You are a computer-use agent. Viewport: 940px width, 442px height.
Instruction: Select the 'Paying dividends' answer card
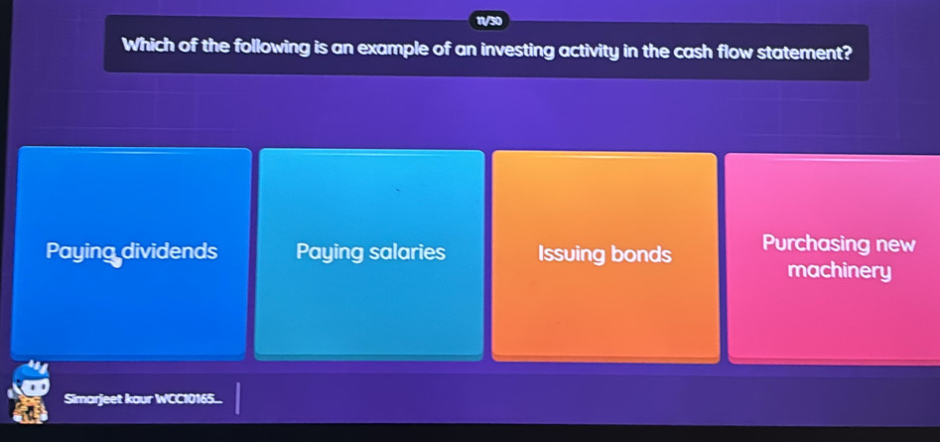(x=130, y=252)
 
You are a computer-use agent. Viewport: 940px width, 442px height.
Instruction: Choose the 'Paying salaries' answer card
(x=370, y=252)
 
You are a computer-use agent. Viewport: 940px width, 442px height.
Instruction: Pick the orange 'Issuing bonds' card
(x=604, y=254)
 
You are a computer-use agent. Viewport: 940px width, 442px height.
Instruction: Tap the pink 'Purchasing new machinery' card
(x=834, y=256)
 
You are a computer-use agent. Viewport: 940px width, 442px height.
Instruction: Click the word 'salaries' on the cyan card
(x=408, y=252)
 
